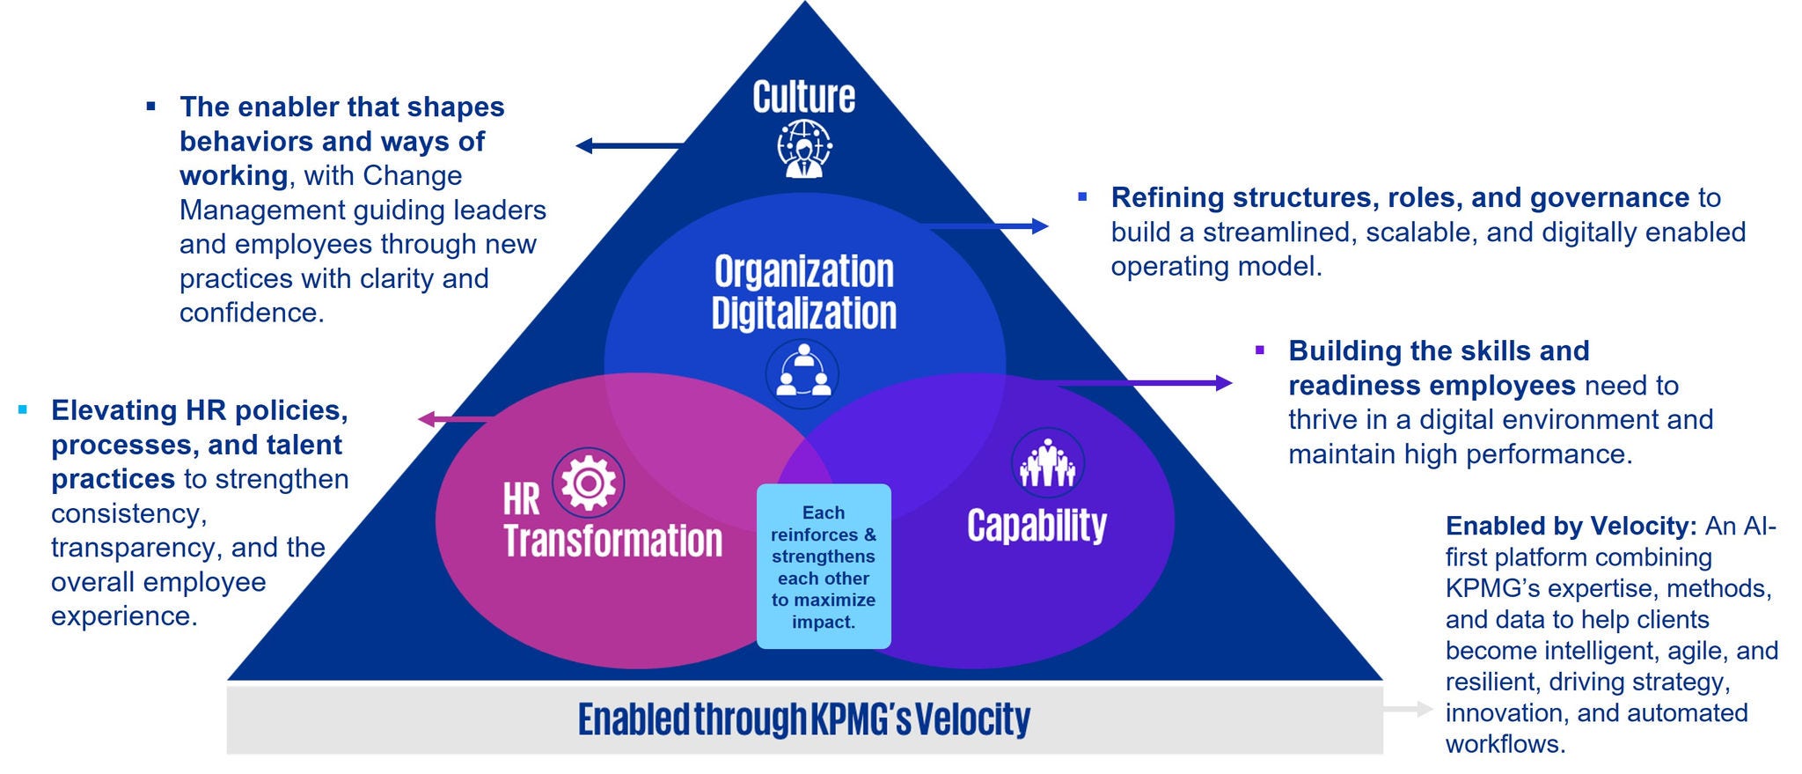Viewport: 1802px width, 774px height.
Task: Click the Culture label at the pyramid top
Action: coord(803,97)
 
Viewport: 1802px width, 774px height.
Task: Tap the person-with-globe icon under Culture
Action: coord(803,148)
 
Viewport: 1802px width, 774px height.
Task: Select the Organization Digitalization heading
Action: coord(803,292)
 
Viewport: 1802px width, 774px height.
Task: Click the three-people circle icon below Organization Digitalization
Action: coord(802,373)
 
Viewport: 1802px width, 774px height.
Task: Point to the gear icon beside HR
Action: coord(588,483)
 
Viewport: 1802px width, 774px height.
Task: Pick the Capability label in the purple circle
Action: coord(1037,526)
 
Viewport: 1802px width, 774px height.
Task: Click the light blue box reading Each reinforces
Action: coord(824,566)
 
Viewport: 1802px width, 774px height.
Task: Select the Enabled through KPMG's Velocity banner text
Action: coord(803,719)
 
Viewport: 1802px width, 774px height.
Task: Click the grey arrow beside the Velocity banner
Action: coord(1408,709)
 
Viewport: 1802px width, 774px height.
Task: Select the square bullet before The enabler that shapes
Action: coord(151,107)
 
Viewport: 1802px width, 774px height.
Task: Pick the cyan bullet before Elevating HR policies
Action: coord(23,409)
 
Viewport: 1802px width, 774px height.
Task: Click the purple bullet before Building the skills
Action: coord(1260,350)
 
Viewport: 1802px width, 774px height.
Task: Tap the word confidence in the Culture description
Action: coord(251,313)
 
